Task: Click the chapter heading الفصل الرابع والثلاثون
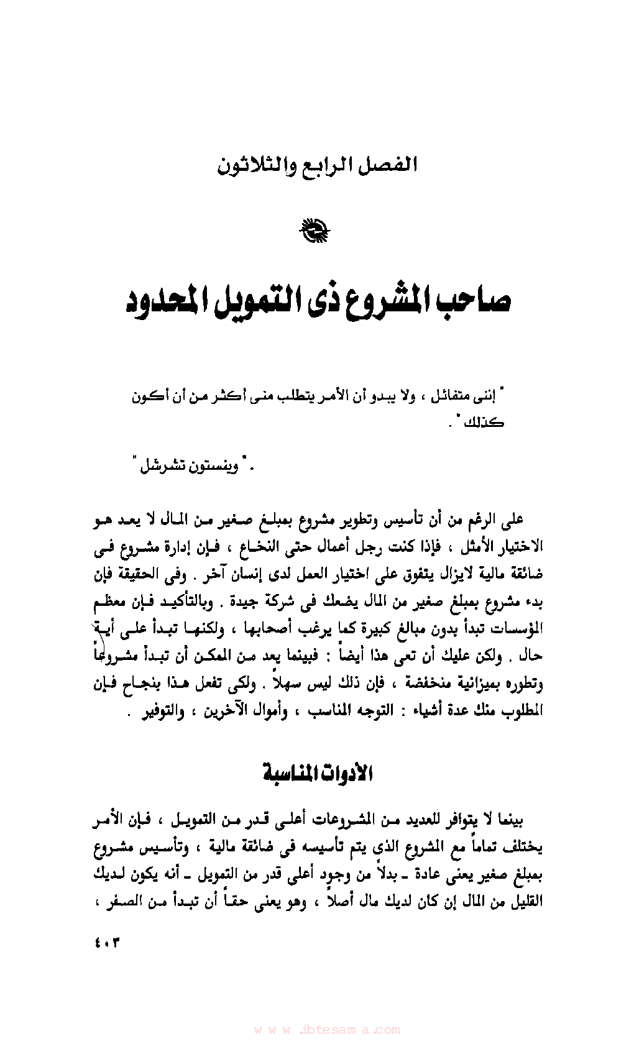[317, 166]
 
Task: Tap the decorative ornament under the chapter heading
[315, 231]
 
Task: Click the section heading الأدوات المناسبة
[317, 774]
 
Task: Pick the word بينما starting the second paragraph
[508, 820]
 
